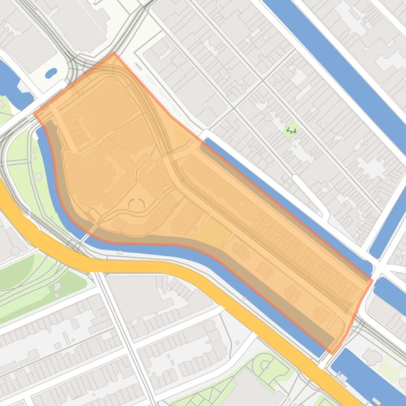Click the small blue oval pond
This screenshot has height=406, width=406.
tap(51, 73)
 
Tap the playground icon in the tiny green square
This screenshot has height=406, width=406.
tap(291, 130)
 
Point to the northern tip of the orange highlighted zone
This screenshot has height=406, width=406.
tap(113, 53)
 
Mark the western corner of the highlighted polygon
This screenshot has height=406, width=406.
tap(34, 113)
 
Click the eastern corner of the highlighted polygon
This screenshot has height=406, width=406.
tap(372, 280)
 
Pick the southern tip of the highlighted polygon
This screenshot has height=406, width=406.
tap(331, 353)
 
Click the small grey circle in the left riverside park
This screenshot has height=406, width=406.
tap(38, 176)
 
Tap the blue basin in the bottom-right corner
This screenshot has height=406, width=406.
tap(369, 377)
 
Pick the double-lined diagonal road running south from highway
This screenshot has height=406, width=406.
tap(121, 327)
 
